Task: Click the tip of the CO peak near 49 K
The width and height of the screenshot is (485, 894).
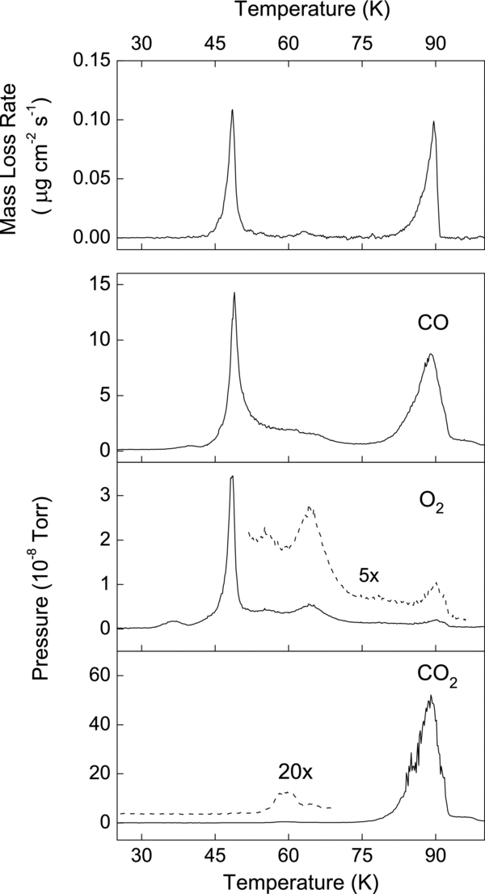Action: (x=234, y=293)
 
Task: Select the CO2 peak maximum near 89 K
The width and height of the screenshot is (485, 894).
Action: (x=431, y=695)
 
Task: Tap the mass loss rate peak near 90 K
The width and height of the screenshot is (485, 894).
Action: (x=434, y=122)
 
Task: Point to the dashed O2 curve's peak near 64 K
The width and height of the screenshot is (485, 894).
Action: (x=310, y=506)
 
